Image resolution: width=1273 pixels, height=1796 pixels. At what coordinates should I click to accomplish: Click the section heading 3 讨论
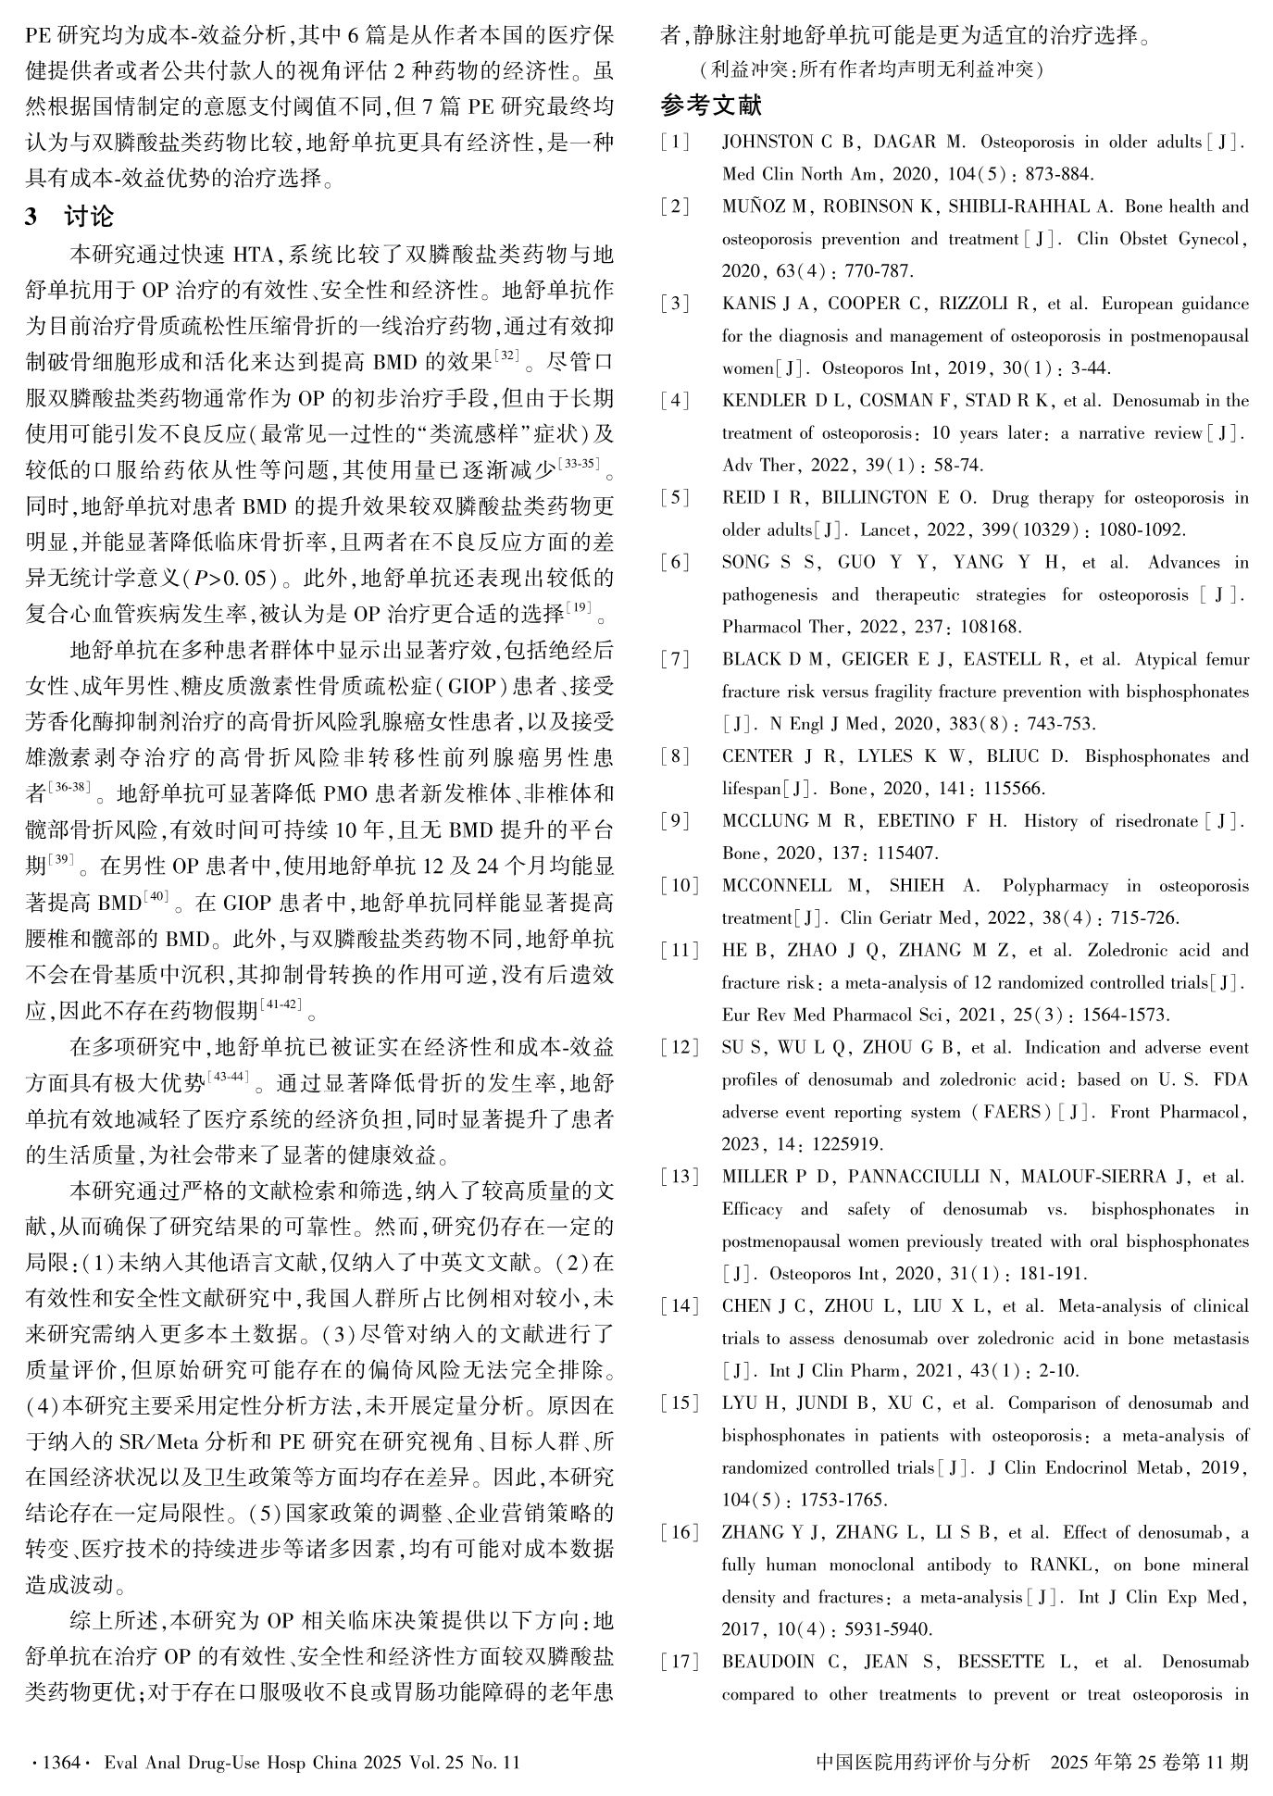(70, 217)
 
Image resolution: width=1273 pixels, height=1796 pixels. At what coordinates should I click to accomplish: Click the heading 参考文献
(711, 106)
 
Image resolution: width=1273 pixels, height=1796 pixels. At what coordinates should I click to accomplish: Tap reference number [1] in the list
(676, 143)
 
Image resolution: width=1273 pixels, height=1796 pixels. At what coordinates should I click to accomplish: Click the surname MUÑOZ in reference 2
(755, 207)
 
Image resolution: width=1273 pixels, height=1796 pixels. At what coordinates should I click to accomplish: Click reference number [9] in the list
(676, 821)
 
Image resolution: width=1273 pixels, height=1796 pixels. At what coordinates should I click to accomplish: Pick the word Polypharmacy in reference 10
(1055, 886)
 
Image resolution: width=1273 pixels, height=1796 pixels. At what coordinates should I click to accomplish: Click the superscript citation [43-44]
(229, 1077)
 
